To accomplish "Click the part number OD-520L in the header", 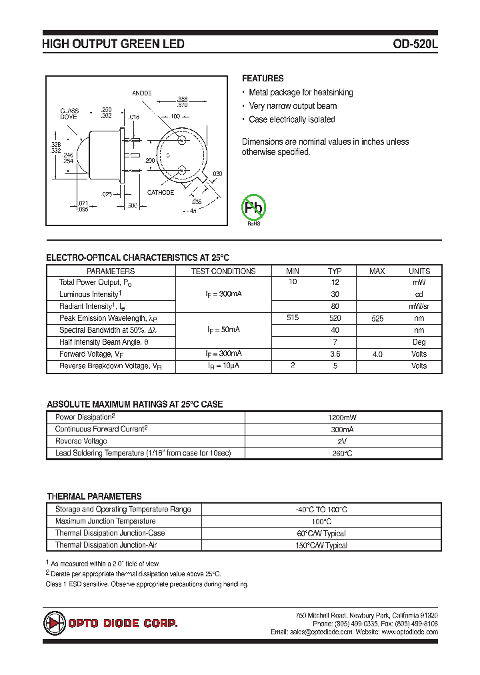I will click(415, 44).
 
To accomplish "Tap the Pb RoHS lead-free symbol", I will click(253, 208).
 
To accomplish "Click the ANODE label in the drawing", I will click(141, 93).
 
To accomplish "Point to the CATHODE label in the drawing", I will click(161, 193).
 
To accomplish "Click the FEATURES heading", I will click(262, 78).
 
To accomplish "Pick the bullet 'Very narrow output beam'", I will click(293, 106).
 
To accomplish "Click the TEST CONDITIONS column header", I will click(223, 271).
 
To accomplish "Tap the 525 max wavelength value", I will click(377, 319).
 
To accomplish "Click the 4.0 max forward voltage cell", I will click(377, 354).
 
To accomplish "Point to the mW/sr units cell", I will click(419, 306).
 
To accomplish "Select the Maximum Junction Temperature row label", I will click(105, 521).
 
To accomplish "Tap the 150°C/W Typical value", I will click(321, 545).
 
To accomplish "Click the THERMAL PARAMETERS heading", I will click(94, 496).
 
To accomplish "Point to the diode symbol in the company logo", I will click(54, 623).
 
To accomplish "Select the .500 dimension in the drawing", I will click(131, 206).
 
